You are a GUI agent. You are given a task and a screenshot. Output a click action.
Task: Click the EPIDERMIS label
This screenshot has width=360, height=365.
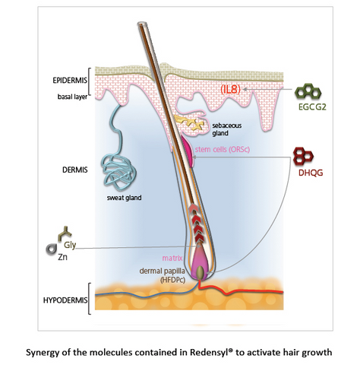tap(70, 81)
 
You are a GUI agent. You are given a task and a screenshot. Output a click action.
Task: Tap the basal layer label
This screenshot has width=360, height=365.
tap(72, 97)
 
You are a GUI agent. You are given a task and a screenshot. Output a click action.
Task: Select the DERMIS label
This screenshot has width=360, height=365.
tap(75, 170)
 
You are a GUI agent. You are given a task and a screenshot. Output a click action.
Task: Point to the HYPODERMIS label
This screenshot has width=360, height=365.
tap(65, 300)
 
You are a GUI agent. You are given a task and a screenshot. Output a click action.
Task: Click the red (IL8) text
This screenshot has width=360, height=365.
tap(230, 90)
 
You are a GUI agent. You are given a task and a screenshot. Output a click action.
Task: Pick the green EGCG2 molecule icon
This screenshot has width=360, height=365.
tap(308, 91)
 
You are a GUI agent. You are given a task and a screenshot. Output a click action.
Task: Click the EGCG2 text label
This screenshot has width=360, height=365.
tap(312, 107)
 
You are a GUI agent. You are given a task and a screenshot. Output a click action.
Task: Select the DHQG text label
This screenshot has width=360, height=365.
tap(311, 173)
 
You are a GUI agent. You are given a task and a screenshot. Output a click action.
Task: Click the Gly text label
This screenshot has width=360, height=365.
tap(70, 245)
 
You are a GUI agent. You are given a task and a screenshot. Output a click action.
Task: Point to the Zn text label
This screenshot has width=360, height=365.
tap(62, 257)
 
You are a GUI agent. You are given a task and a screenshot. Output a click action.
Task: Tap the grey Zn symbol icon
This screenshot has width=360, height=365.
tap(51, 249)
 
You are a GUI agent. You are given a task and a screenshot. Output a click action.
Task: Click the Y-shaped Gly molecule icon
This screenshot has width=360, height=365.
tap(65, 233)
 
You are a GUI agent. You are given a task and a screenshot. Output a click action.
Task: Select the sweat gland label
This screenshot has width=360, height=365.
tap(124, 198)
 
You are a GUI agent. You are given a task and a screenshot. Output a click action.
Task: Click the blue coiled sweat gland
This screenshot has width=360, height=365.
tap(118, 163)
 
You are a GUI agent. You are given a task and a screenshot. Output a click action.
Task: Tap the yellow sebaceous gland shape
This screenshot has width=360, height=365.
tap(189, 123)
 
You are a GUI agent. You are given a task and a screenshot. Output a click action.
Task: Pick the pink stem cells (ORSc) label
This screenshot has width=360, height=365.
tap(223, 149)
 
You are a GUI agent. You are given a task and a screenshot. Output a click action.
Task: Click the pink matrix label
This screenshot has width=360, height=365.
tap(172, 258)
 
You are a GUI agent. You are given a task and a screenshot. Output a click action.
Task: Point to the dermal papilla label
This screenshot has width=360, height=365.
tap(162, 271)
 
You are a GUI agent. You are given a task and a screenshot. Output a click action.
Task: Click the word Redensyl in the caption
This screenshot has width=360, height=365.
tap(211, 353)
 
